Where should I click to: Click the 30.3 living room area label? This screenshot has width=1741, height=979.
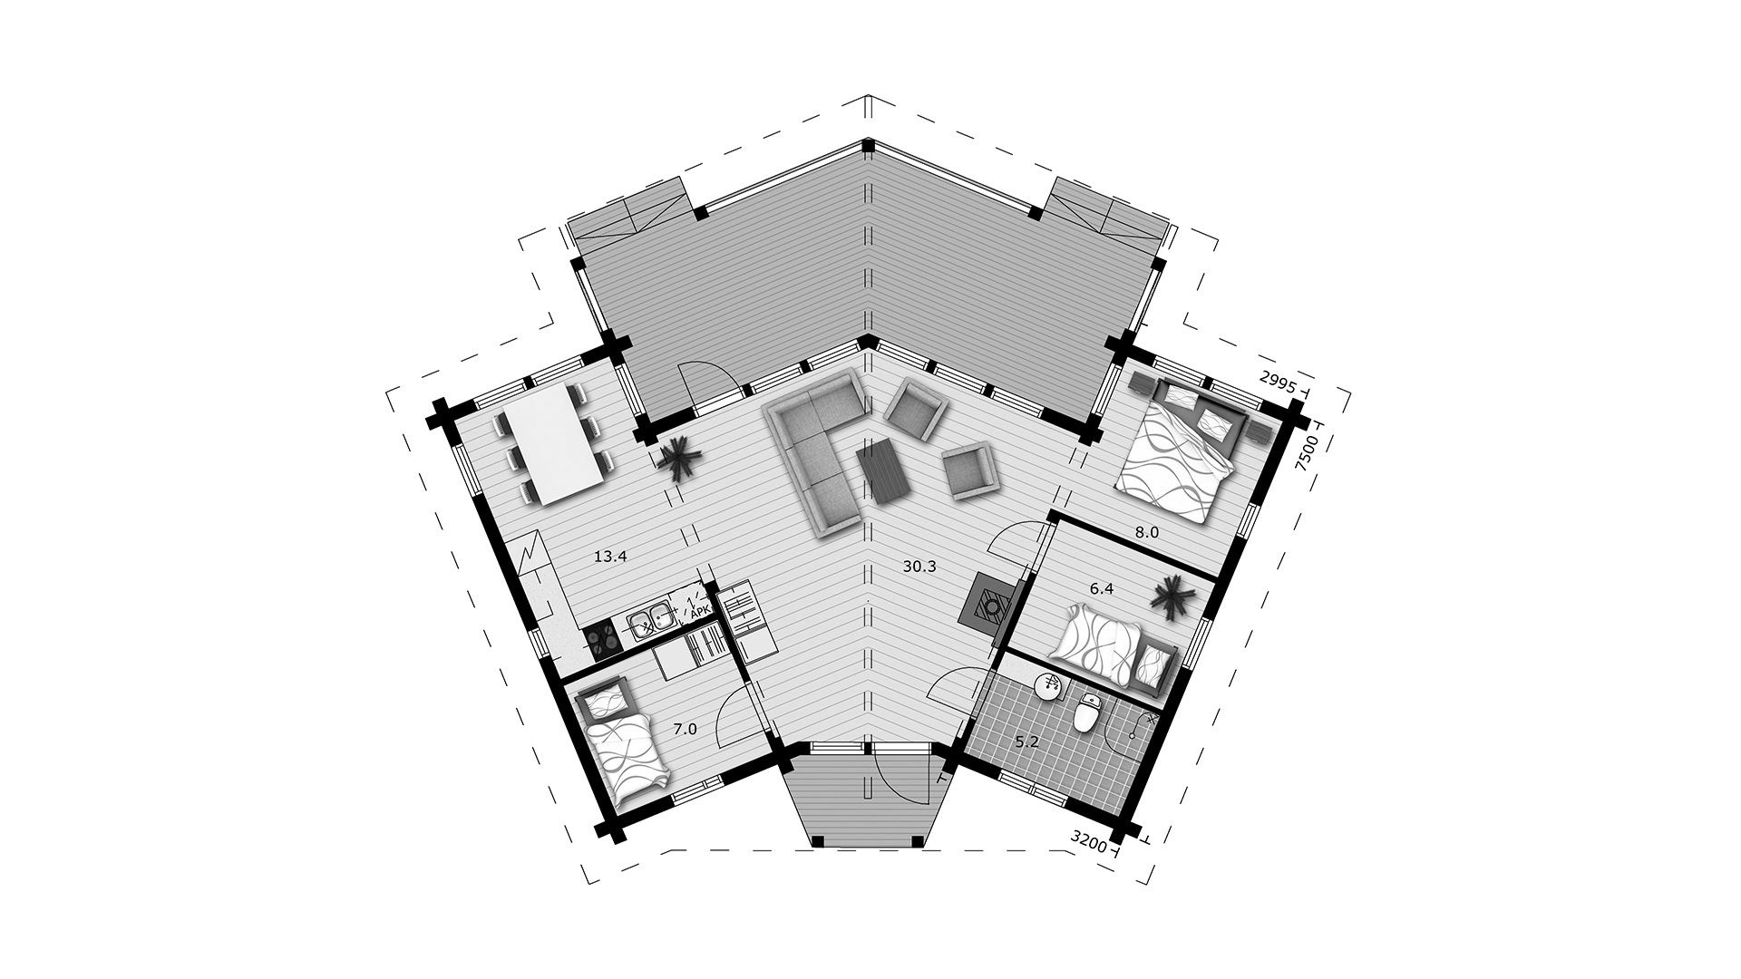click(x=919, y=567)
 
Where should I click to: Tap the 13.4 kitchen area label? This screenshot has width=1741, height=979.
click(x=610, y=557)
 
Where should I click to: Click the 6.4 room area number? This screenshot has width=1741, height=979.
click(x=1101, y=588)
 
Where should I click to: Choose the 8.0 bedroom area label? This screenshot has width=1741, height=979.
click(x=1147, y=533)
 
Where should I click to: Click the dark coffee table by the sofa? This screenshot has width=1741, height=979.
click(x=886, y=470)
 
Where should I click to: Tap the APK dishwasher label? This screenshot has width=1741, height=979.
click(x=700, y=613)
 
